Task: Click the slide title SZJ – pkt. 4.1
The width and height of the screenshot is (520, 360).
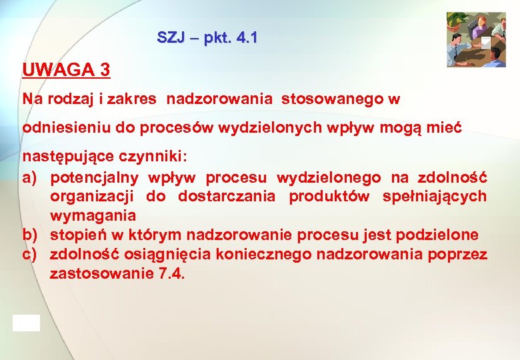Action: tap(207, 37)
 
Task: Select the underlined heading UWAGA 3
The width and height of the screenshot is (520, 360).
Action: tap(66, 69)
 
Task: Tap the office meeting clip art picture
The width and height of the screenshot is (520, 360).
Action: tap(476, 39)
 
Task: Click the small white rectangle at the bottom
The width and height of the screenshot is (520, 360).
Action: tap(26, 323)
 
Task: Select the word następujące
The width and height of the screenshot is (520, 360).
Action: tap(65, 158)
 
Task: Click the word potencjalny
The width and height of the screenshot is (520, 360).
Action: tap(94, 177)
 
